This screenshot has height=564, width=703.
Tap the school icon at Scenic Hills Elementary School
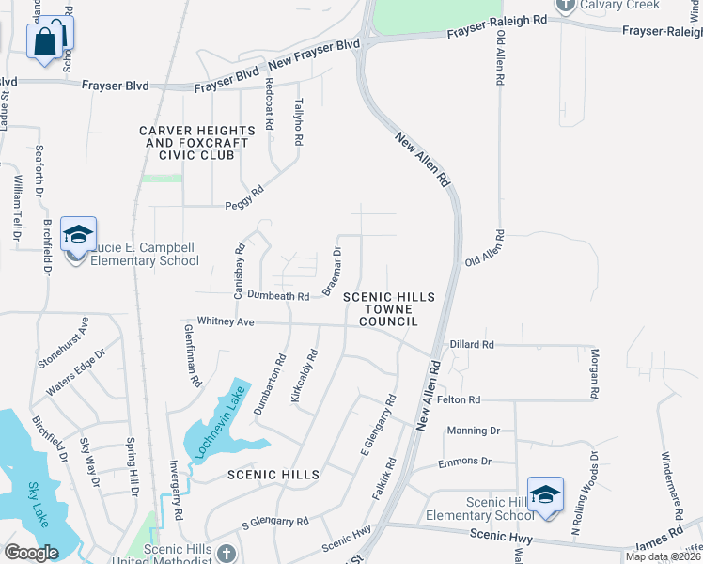coord(545,493)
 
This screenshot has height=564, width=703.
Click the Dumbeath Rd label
coord(278,296)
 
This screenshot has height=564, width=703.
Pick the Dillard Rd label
coord(472,345)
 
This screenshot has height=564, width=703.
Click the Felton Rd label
coord(459,400)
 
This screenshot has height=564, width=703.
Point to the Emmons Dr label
coord(464,462)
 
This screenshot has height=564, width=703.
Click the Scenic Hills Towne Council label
coord(389,309)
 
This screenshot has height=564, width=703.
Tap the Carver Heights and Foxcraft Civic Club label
coord(196,142)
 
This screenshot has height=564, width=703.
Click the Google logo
coord(31,553)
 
